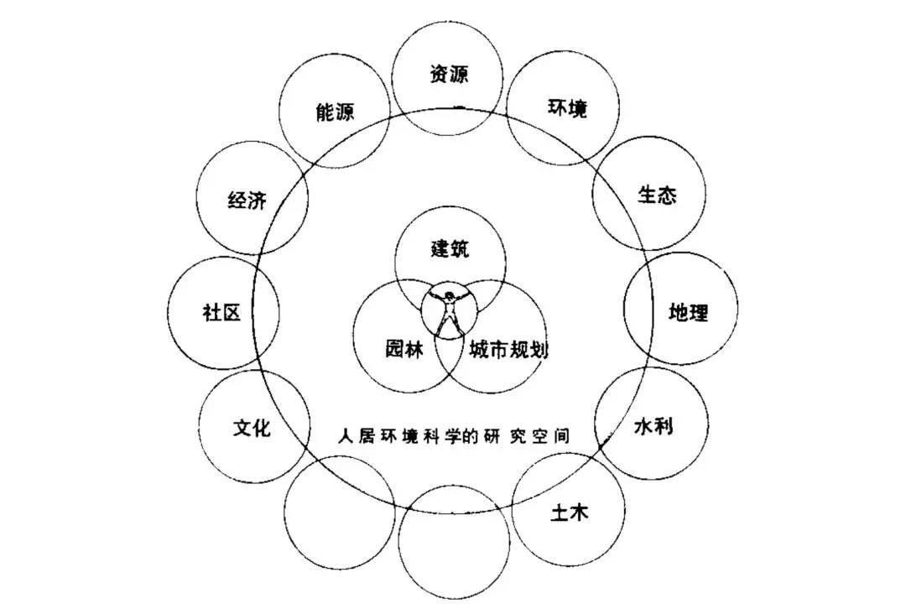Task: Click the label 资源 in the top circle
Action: pos(449,74)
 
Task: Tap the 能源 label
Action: pos(335,112)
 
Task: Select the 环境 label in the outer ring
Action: pos(567,108)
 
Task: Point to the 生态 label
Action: pos(657,195)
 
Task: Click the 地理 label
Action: pos(688,313)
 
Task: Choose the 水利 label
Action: pos(653,426)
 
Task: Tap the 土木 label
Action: pos(569,513)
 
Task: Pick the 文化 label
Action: pos(252,428)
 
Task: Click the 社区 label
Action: pos(221,313)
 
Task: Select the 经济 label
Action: pos(247,201)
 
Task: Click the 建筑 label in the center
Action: pos(450,249)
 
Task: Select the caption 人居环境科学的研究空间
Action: pos(453,437)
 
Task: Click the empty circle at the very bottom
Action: pos(453,541)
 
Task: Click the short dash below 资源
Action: pos(458,107)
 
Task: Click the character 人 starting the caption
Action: pos(344,437)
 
